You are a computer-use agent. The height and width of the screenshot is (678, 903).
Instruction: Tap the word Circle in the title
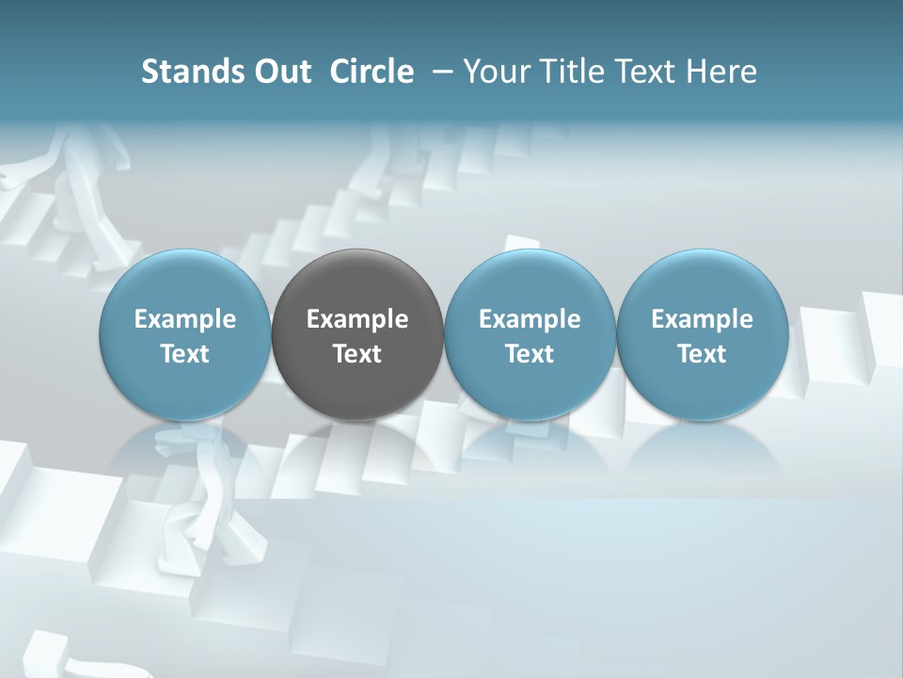pyautogui.click(x=372, y=72)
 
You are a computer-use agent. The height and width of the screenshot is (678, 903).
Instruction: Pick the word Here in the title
pyautogui.click(x=721, y=72)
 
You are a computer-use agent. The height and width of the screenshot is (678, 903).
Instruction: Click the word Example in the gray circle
pyautogui.click(x=357, y=319)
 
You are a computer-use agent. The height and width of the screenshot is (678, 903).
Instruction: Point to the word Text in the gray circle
pyautogui.click(x=357, y=354)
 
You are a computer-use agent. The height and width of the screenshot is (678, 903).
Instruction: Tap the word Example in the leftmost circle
pyautogui.click(x=184, y=319)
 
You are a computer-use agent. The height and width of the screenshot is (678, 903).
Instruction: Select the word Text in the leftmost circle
pyautogui.click(x=184, y=354)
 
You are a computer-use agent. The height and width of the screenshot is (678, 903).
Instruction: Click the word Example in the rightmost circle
pyautogui.click(x=702, y=319)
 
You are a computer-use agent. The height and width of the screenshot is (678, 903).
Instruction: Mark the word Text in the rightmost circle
pyautogui.click(x=702, y=354)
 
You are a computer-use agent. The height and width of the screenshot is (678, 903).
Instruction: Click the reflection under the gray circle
pyautogui.click(x=357, y=447)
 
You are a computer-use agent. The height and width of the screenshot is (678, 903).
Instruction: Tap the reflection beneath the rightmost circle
pyautogui.click(x=702, y=447)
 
